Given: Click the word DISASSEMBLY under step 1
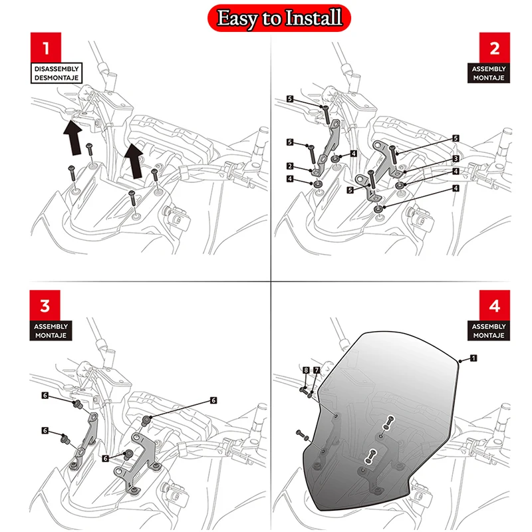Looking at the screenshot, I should tap(57, 68).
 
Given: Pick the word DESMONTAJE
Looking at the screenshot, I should tap(57, 77).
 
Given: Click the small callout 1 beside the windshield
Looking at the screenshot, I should tap(473, 358).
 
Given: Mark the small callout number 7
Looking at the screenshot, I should tap(317, 370).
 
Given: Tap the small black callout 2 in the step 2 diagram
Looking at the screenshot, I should tap(290, 166).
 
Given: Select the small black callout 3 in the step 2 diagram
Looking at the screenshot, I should tap(456, 158).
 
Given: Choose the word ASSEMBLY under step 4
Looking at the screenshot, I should tap(489, 327).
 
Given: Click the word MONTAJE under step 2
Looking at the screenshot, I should tap(489, 77).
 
